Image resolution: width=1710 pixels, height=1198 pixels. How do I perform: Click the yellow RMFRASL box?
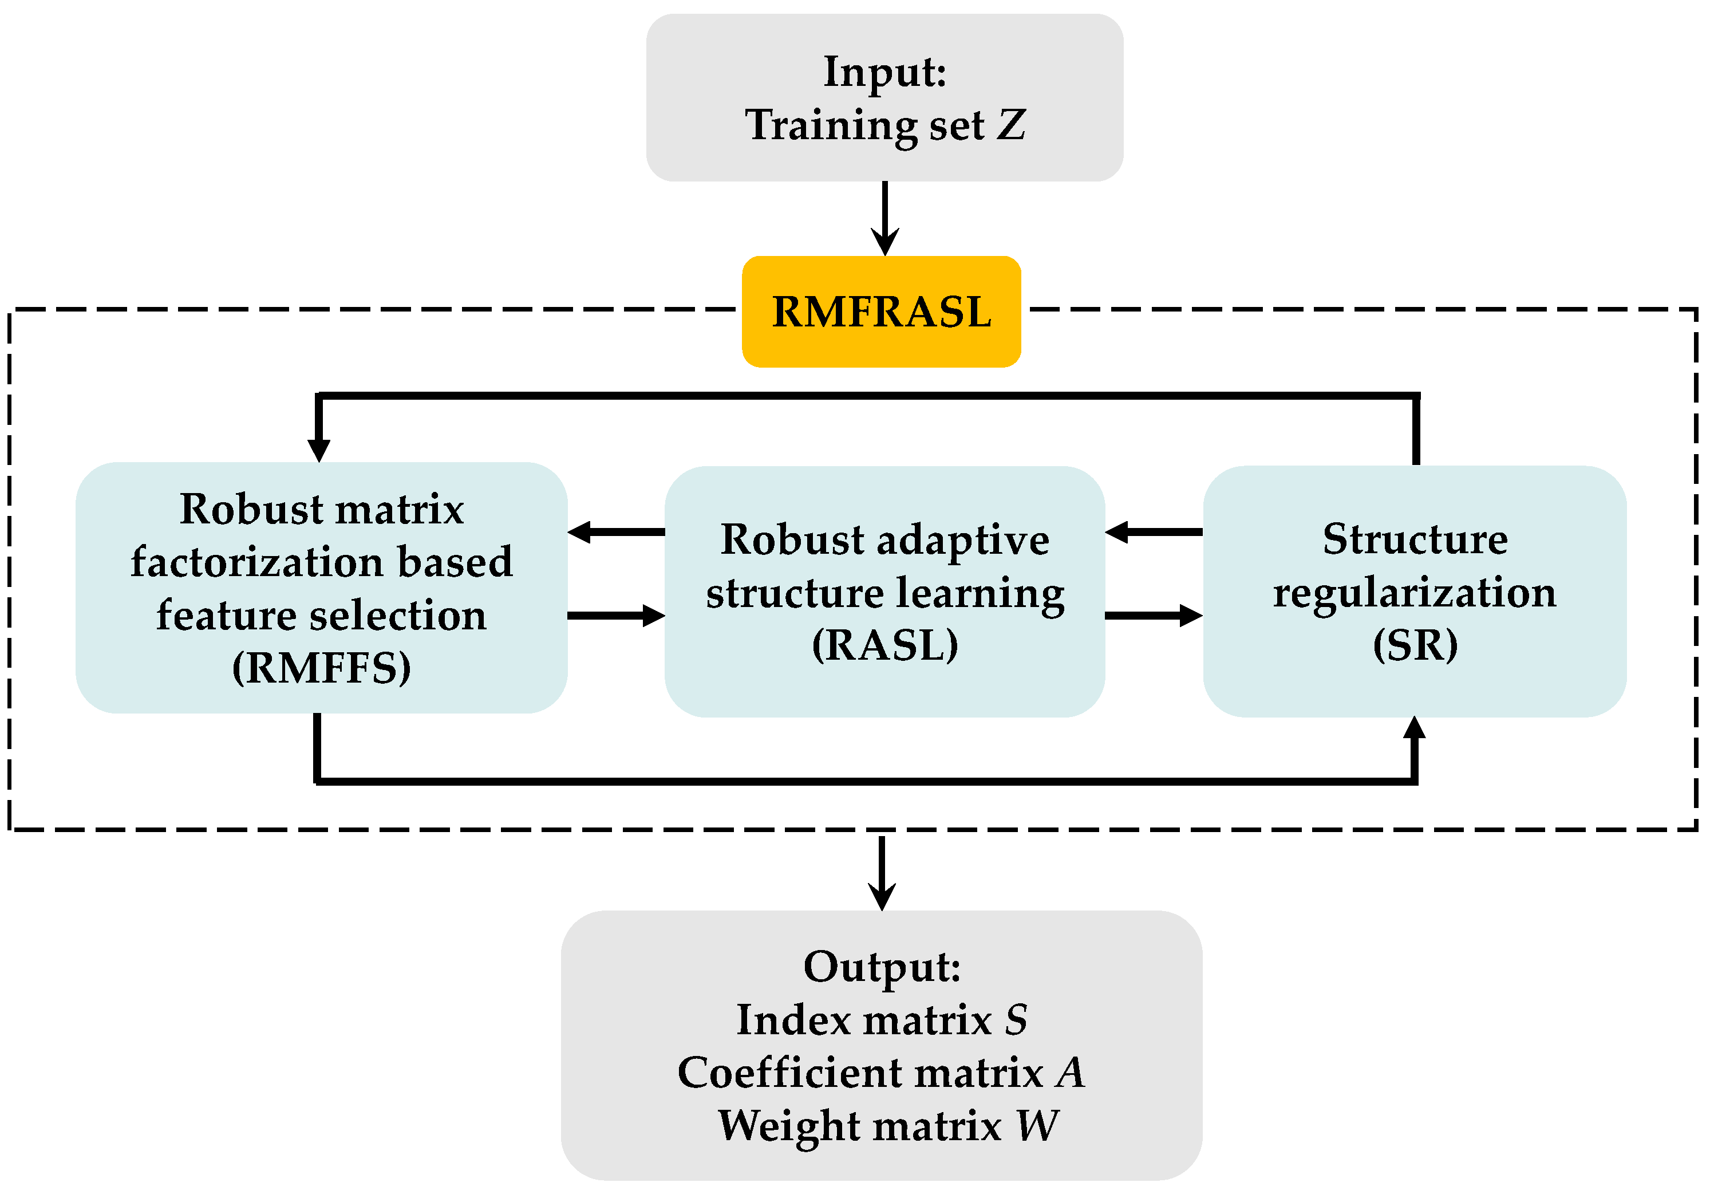(881, 312)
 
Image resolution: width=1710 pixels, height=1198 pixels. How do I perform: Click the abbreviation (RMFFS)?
(321, 668)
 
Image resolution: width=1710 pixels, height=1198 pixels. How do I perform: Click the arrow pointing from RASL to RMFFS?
(616, 532)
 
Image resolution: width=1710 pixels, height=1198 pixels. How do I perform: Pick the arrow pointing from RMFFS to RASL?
(616, 616)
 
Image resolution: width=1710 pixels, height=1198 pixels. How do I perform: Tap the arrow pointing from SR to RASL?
(1154, 532)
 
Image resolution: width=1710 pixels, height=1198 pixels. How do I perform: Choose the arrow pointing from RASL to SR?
(1154, 616)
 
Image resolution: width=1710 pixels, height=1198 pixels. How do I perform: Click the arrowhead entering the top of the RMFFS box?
(319, 448)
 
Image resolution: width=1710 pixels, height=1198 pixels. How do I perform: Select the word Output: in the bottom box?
(882, 967)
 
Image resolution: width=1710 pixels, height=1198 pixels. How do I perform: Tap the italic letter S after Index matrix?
(1016, 1020)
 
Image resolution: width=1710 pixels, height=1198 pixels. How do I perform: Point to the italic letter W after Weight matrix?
(1037, 1126)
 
